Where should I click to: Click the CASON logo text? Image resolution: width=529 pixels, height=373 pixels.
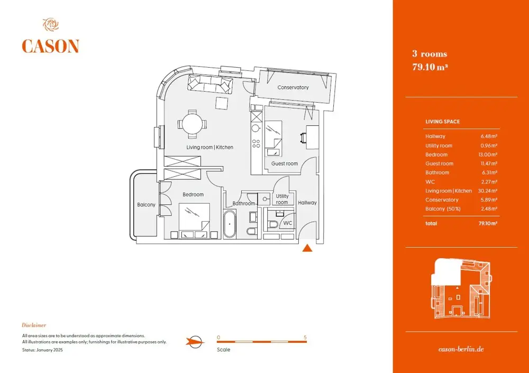(50, 46)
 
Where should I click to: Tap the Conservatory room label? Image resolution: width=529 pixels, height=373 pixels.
(293, 87)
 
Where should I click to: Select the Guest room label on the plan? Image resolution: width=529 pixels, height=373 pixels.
(285, 163)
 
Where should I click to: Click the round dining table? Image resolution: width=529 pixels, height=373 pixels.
(193, 124)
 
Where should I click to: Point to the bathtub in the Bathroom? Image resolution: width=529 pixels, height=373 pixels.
(230, 224)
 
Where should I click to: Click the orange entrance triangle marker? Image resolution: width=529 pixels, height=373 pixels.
(307, 248)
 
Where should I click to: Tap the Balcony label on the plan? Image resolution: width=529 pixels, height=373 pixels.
(146, 205)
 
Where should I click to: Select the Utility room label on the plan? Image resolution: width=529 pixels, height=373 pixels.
(282, 199)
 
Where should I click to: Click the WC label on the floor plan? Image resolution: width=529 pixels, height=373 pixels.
(287, 223)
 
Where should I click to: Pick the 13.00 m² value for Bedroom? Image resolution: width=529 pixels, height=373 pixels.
(488, 154)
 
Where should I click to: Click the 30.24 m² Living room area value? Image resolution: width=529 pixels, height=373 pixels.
(488, 190)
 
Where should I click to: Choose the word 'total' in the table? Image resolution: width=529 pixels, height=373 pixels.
(431, 223)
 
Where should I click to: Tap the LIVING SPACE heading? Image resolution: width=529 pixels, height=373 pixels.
(443, 122)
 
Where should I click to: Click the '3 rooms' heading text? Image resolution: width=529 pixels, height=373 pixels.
(430, 54)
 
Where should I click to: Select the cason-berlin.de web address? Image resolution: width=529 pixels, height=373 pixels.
(461, 349)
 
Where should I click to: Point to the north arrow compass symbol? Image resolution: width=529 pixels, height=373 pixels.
(195, 342)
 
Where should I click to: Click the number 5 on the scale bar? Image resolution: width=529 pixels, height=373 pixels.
(305, 338)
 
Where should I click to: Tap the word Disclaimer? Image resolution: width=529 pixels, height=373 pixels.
(34, 325)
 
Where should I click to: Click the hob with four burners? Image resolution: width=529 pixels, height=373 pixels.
(256, 143)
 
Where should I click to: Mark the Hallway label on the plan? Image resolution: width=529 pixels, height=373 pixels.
(307, 203)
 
